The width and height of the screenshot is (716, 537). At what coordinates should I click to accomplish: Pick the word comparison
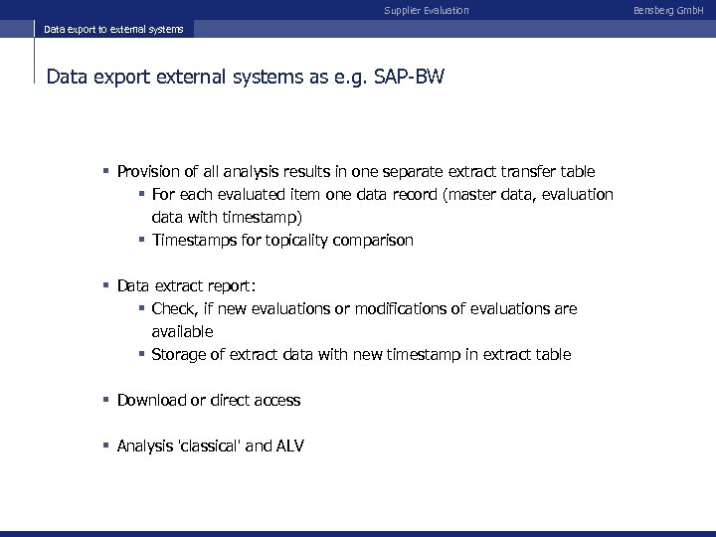tap(372, 240)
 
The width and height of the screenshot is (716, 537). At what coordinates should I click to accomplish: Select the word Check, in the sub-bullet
tap(175, 309)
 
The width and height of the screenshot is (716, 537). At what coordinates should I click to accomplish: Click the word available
tap(182, 331)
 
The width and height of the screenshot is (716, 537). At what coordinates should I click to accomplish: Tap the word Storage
tap(180, 354)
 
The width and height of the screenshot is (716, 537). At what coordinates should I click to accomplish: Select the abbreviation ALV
tap(288, 446)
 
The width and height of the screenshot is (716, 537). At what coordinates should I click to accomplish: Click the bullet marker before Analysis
tap(105, 446)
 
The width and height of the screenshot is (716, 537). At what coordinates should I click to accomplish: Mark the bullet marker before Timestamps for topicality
tap(142, 240)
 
